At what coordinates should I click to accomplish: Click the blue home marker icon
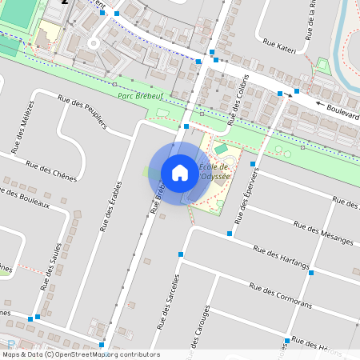(x=180, y=173)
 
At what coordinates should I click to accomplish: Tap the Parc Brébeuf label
(x=139, y=95)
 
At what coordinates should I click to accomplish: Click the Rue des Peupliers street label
(x=82, y=109)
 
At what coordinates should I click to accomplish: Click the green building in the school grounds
(x=222, y=149)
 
